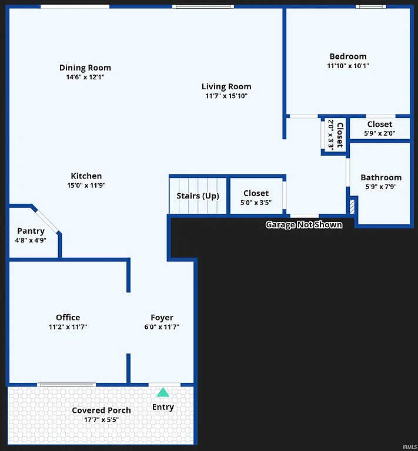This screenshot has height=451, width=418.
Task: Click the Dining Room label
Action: point(85,68)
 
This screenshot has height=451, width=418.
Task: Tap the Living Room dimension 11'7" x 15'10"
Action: point(226,96)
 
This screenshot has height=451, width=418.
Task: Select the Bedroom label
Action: point(347,56)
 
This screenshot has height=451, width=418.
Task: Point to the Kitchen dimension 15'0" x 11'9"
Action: point(86,186)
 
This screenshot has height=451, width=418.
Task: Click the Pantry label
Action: point(31,231)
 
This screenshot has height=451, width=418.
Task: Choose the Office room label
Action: point(68,317)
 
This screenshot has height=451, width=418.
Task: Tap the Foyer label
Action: point(162,318)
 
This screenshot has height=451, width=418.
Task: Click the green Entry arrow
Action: point(163,392)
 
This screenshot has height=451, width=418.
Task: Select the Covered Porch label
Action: point(101,410)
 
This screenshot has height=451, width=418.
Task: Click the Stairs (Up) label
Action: point(198,196)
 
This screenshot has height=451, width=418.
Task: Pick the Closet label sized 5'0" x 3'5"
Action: point(256,193)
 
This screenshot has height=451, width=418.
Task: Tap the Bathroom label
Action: point(381,177)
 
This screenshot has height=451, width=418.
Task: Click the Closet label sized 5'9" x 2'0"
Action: point(380,124)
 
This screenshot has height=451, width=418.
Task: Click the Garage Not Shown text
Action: point(304,224)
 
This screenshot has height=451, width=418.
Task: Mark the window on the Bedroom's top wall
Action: point(372,6)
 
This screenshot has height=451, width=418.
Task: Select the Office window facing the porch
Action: point(66,385)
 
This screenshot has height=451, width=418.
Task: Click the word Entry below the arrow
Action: point(163,407)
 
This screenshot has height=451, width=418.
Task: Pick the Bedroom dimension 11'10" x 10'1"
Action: point(347,66)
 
